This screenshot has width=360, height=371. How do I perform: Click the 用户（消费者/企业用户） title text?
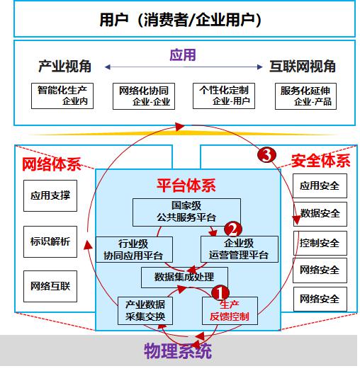coord(181,20)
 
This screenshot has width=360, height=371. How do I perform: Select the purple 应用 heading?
coord(183,55)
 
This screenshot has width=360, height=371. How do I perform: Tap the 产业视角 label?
coord(64,66)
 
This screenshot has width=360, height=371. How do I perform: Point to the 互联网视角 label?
coord(303,66)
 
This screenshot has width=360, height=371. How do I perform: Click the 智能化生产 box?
coord(62,96)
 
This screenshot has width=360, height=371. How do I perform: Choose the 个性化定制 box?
coord(224,96)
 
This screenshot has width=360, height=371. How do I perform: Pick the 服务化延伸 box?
coord(305,96)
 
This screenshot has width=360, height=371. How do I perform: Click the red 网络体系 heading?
coord(52,164)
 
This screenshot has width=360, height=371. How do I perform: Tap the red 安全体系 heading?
coord(320,161)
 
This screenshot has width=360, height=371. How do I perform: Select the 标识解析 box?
coord(50,241)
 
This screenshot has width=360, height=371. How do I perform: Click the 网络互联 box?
coord(50,286)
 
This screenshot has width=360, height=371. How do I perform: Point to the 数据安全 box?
coord(320,214)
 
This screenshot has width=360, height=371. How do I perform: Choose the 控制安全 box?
coord(320,243)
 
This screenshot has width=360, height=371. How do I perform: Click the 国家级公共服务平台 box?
coord(186,212)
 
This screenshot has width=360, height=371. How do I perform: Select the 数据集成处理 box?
coord(184,278)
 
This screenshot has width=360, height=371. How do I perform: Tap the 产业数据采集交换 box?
coord(145,311)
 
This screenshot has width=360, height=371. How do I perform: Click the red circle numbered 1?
coord(220,293)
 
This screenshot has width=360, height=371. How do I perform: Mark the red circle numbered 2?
coord(233,229)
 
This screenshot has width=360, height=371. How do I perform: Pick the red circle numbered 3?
coord(267,155)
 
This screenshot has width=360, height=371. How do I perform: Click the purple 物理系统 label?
coord(178,351)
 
